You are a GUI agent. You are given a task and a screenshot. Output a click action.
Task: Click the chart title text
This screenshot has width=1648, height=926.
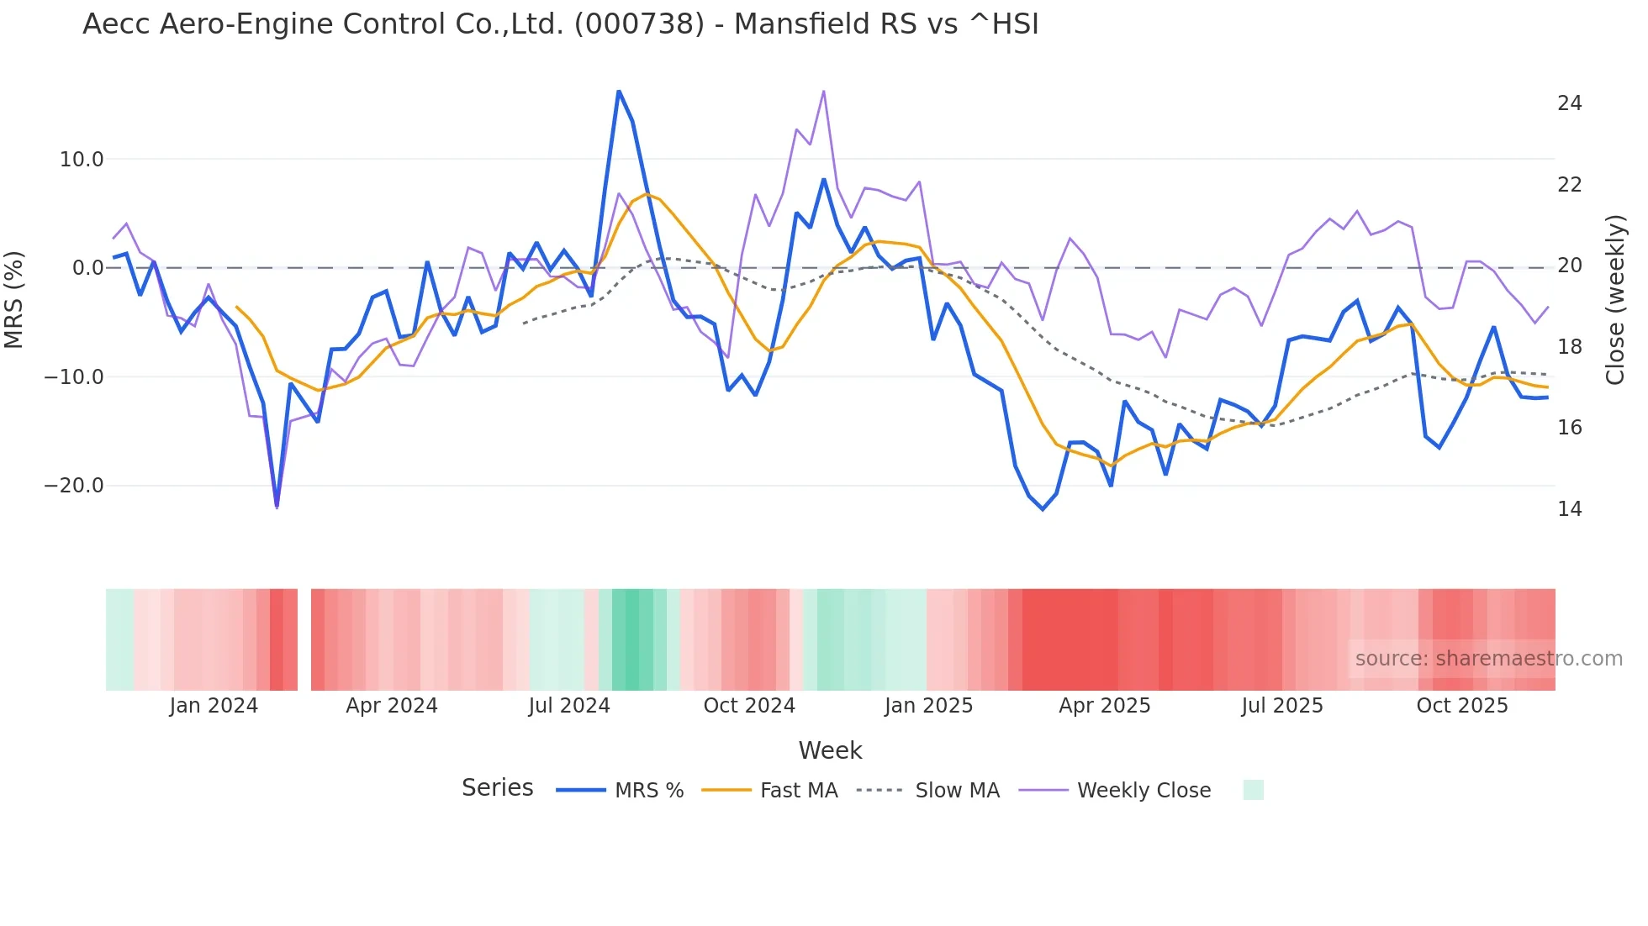560,24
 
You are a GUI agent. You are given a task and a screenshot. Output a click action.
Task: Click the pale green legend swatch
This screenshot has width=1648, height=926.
1253,790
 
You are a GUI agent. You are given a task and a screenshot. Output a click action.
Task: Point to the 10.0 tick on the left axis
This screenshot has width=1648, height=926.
82,160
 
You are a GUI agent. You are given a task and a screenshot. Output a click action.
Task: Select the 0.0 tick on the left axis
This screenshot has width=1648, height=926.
87,268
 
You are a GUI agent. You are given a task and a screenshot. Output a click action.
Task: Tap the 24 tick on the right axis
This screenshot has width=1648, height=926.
1569,103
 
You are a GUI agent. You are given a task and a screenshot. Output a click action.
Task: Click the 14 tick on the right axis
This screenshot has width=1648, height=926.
1569,509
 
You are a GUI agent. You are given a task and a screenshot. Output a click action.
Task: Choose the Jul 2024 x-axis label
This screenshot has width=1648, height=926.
569,706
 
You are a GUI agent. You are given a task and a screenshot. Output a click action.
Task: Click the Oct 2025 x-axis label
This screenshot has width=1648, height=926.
1462,706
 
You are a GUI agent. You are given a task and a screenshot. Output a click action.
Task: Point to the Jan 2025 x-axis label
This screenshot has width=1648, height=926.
928,706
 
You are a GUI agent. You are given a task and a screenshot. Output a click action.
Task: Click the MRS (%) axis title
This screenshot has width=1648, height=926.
14,299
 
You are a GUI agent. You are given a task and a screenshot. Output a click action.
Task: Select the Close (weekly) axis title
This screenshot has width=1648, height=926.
1614,299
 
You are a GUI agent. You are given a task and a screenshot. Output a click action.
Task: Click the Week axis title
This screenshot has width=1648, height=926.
830,750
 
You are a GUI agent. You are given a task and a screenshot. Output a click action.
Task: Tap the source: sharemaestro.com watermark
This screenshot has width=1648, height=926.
1488,659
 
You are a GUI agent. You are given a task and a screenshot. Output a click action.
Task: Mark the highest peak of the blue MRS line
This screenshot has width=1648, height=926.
619,91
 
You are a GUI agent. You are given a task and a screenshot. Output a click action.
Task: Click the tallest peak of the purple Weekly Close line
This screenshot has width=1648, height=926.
823,91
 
